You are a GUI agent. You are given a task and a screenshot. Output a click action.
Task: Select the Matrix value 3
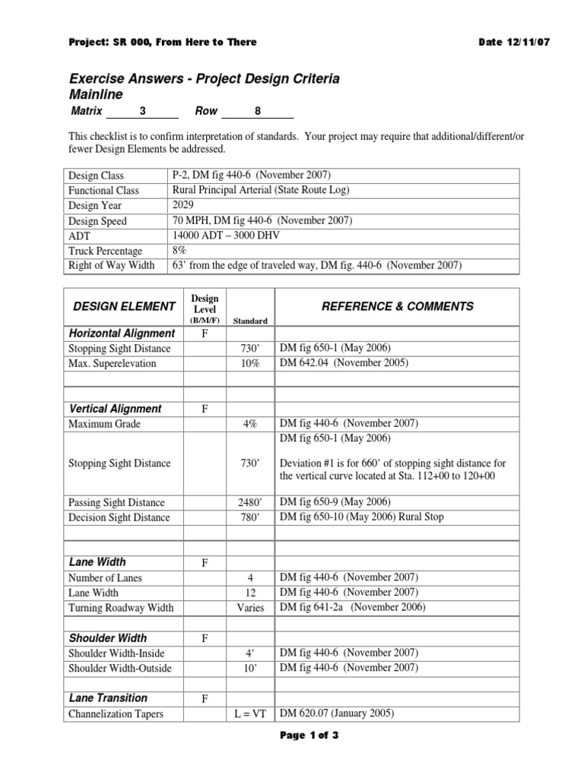click(142, 111)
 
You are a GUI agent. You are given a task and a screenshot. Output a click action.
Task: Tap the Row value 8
click(258, 111)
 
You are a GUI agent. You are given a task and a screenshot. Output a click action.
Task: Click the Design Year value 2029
click(183, 205)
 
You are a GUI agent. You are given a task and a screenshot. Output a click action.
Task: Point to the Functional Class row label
click(103, 191)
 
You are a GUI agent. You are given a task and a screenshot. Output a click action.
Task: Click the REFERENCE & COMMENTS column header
click(397, 306)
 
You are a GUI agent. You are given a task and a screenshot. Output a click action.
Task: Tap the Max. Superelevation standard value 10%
click(250, 363)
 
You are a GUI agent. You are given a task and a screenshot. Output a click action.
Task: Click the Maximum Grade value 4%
click(250, 424)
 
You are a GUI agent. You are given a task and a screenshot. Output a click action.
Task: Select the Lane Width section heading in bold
click(99, 561)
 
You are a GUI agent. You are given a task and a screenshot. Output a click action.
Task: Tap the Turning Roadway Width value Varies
click(250, 607)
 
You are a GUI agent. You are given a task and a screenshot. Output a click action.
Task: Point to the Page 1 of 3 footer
click(292, 756)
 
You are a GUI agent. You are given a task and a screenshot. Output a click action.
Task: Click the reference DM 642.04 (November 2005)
click(344, 363)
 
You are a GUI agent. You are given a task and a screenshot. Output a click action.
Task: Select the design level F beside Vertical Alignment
click(205, 409)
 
